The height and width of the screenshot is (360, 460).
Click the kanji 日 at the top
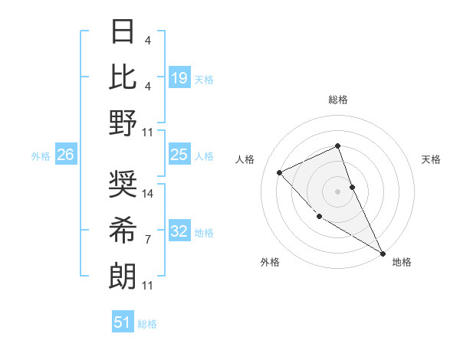(123, 32)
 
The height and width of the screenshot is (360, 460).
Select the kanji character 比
(123, 77)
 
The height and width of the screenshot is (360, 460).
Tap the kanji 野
(123, 123)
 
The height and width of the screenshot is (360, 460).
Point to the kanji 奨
(123, 184)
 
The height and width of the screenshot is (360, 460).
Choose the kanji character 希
(123, 228)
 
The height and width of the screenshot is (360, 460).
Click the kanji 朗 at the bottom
(123, 274)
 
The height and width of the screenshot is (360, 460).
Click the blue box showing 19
(179, 77)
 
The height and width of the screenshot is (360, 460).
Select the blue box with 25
(179, 155)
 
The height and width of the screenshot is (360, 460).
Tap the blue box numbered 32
(179, 232)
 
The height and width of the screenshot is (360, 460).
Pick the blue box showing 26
(65, 155)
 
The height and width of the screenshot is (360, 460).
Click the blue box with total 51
(123, 322)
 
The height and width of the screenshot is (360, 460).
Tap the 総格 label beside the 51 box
(147, 324)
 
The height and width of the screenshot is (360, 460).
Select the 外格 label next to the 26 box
(41, 156)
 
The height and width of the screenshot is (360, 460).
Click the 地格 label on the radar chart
(402, 263)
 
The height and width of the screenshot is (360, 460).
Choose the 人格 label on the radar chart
(246, 159)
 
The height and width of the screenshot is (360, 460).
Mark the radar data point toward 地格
(383, 253)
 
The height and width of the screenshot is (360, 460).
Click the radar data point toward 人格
(280, 172)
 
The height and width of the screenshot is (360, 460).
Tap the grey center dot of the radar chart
(337, 191)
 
